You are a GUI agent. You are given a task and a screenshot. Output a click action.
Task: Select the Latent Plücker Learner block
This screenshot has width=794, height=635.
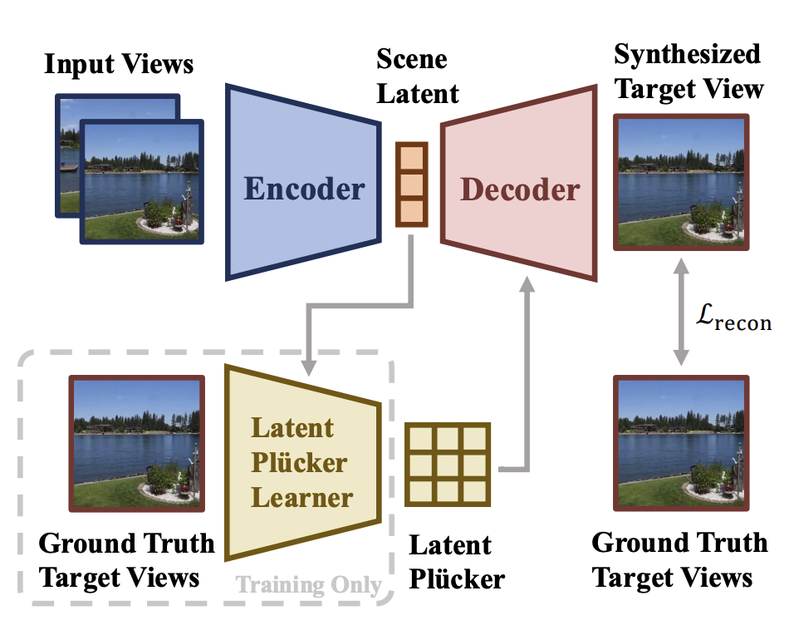[x=303, y=461]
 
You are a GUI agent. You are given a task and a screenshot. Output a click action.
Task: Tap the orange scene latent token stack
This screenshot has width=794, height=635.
[x=411, y=185]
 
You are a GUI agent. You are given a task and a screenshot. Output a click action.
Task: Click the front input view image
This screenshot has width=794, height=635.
[x=141, y=180]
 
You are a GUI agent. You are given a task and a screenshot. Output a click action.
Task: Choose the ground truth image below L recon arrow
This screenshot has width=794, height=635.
[x=681, y=443]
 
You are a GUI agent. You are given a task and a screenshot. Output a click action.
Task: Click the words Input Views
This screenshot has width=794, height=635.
[x=119, y=64]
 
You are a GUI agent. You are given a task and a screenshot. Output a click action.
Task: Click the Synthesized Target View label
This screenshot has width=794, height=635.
[x=688, y=71]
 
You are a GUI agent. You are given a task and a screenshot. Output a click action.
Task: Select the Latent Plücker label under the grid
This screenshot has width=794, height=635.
[x=455, y=562]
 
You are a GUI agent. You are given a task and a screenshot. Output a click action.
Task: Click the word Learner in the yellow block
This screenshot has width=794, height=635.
[x=302, y=497]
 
